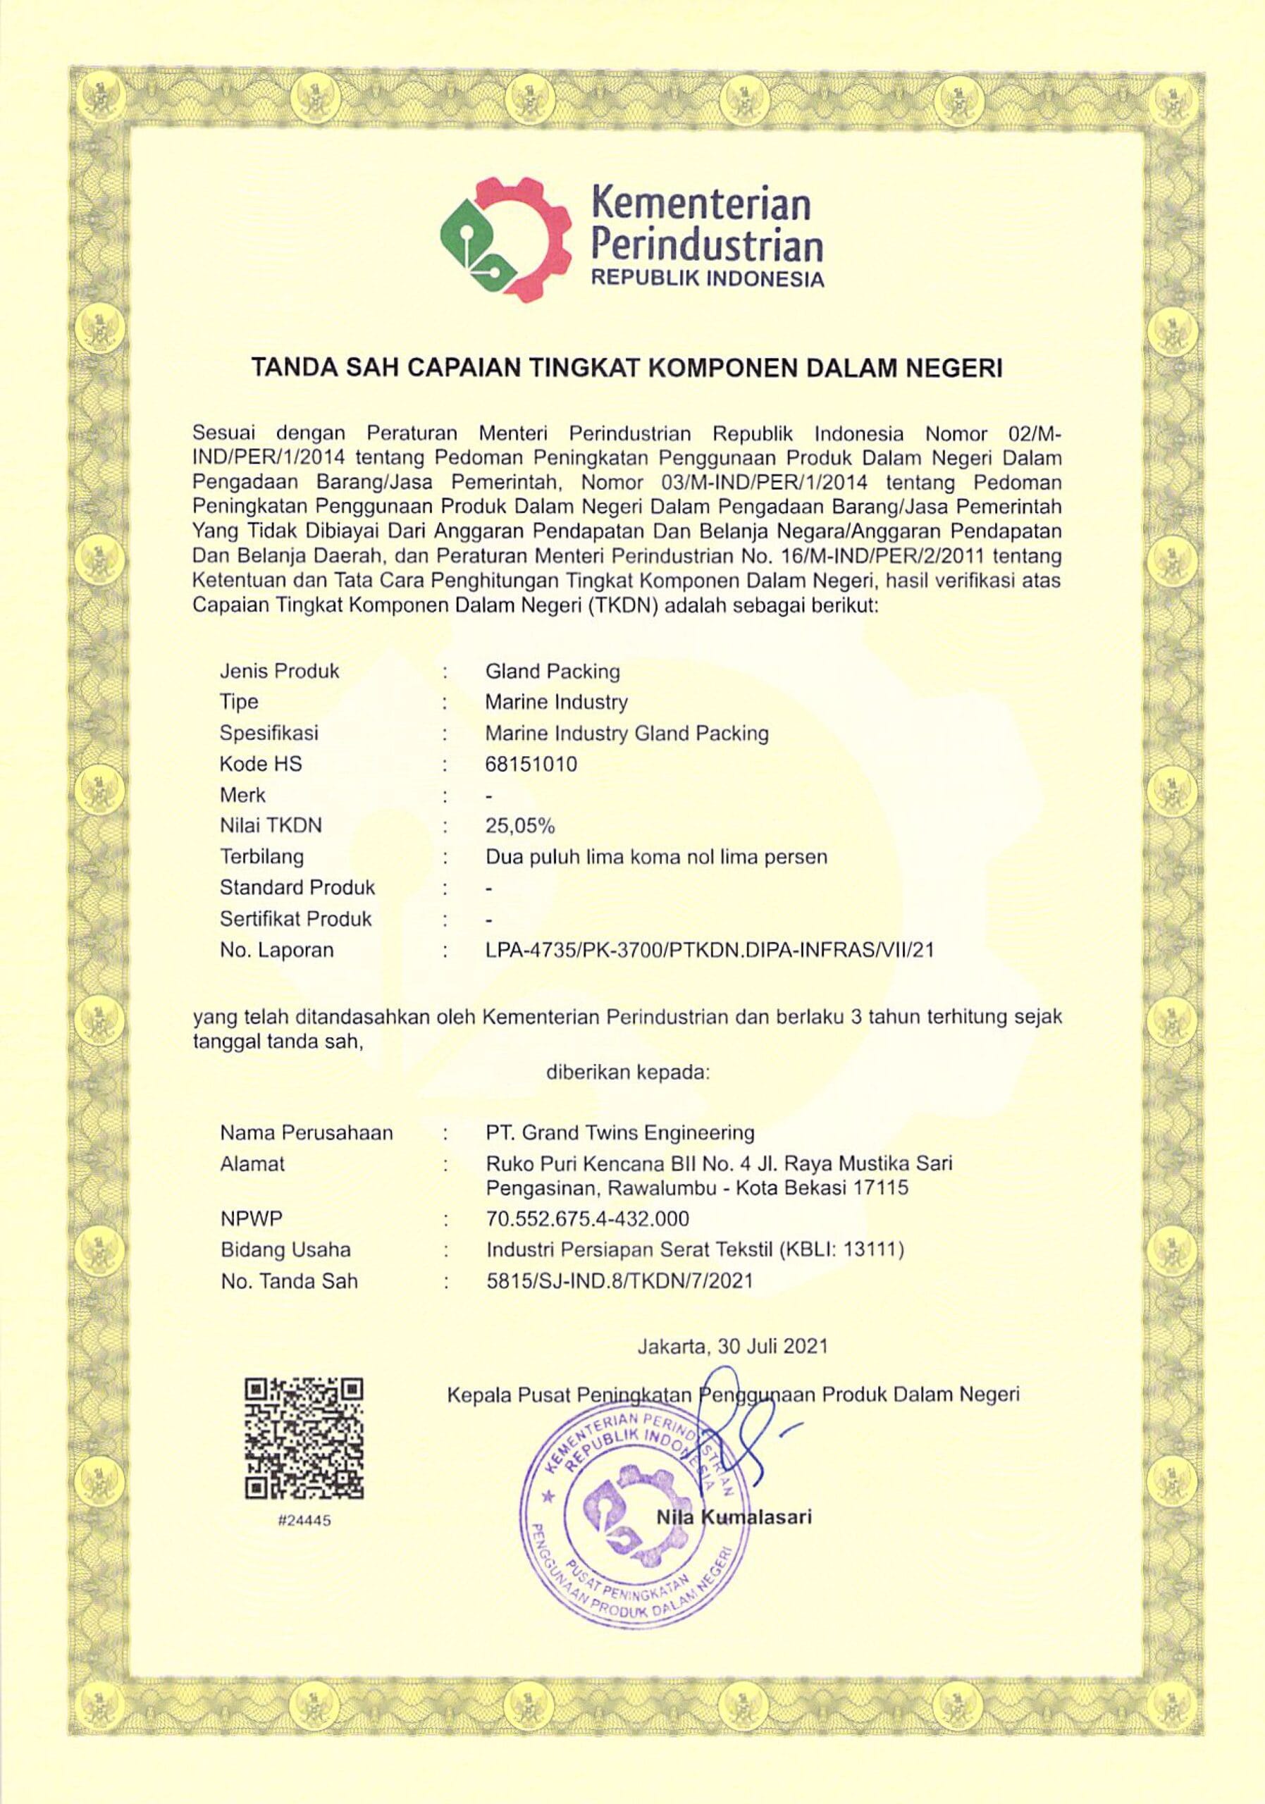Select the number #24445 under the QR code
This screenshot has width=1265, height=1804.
[x=304, y=1520]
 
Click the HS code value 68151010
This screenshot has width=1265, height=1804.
[x=531, y=764]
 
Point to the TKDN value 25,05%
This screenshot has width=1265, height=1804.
[x=520, y=826]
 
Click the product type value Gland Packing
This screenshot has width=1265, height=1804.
[x=553, y=671]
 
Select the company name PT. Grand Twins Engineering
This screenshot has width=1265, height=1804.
[x=620, y=1133]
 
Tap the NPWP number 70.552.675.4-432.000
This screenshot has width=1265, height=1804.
[x=588, y=1218]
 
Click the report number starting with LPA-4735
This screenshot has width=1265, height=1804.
[x=710, y=950]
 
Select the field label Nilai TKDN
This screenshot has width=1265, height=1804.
[x=271, y=826]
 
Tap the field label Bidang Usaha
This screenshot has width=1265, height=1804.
[x=285, y=1249]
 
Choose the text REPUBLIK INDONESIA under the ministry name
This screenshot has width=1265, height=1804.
[x=707, y=279]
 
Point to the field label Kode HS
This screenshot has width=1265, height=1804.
[x=260, y=764]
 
